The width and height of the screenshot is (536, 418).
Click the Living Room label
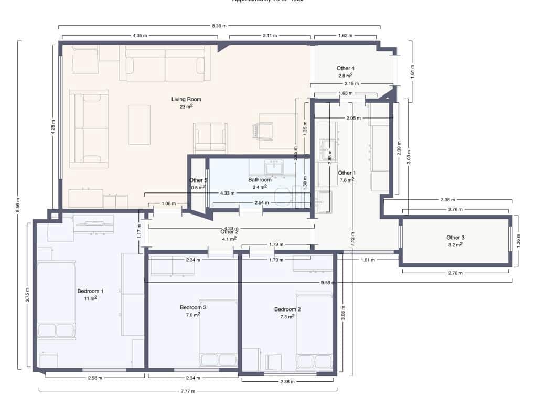(x=186, y=99)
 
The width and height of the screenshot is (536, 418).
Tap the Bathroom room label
(x=260, y=179)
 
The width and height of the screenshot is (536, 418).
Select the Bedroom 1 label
(x=90, y=291)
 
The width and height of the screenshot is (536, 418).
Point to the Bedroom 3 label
(x=193, y=307)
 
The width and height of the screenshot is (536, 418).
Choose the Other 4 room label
(x=346, y=68)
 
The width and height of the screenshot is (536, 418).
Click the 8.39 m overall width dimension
(x=220, y=25)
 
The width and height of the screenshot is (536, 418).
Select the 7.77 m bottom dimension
(x=188, y=391)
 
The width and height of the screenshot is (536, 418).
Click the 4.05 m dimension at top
(x=140, y=36)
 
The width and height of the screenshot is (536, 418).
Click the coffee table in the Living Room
(x=140, y=125)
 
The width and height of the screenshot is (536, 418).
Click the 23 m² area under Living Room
(x=186, y=106)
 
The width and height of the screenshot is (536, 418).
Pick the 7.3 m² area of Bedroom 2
(x=287, y=317)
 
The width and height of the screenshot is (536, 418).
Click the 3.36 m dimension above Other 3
(x=448, y=200)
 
